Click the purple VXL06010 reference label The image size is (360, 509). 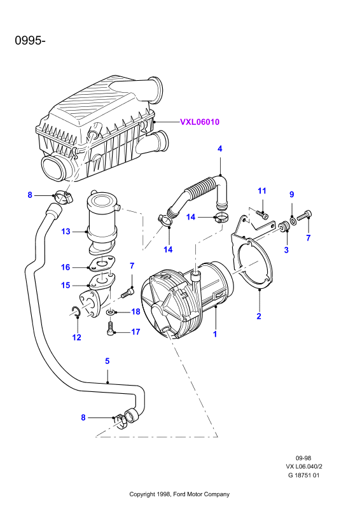(200, 122)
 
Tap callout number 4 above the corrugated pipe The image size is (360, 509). (220, 149)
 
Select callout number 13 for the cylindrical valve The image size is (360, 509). (66, 232)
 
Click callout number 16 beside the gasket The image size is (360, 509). (66, 267)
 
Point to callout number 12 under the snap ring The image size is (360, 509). (76, 337)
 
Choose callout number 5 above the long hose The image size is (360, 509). (107, 361)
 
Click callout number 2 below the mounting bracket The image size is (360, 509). (259, 316)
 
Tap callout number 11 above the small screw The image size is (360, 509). (262, 191)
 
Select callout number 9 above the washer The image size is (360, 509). (291, 194)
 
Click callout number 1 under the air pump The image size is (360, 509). (214, 333)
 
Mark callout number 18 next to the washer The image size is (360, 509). (135, 312)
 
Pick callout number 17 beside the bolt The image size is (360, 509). (135, 331)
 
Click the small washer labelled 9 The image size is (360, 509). (293, 221)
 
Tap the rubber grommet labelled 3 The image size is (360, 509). (284, 227)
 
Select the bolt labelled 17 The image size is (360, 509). (110, 328)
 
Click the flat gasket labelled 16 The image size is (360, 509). (102, 263)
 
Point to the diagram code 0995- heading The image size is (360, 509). (30, 41)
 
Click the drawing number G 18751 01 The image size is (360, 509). (304, 475)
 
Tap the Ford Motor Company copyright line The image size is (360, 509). (179, 494)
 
